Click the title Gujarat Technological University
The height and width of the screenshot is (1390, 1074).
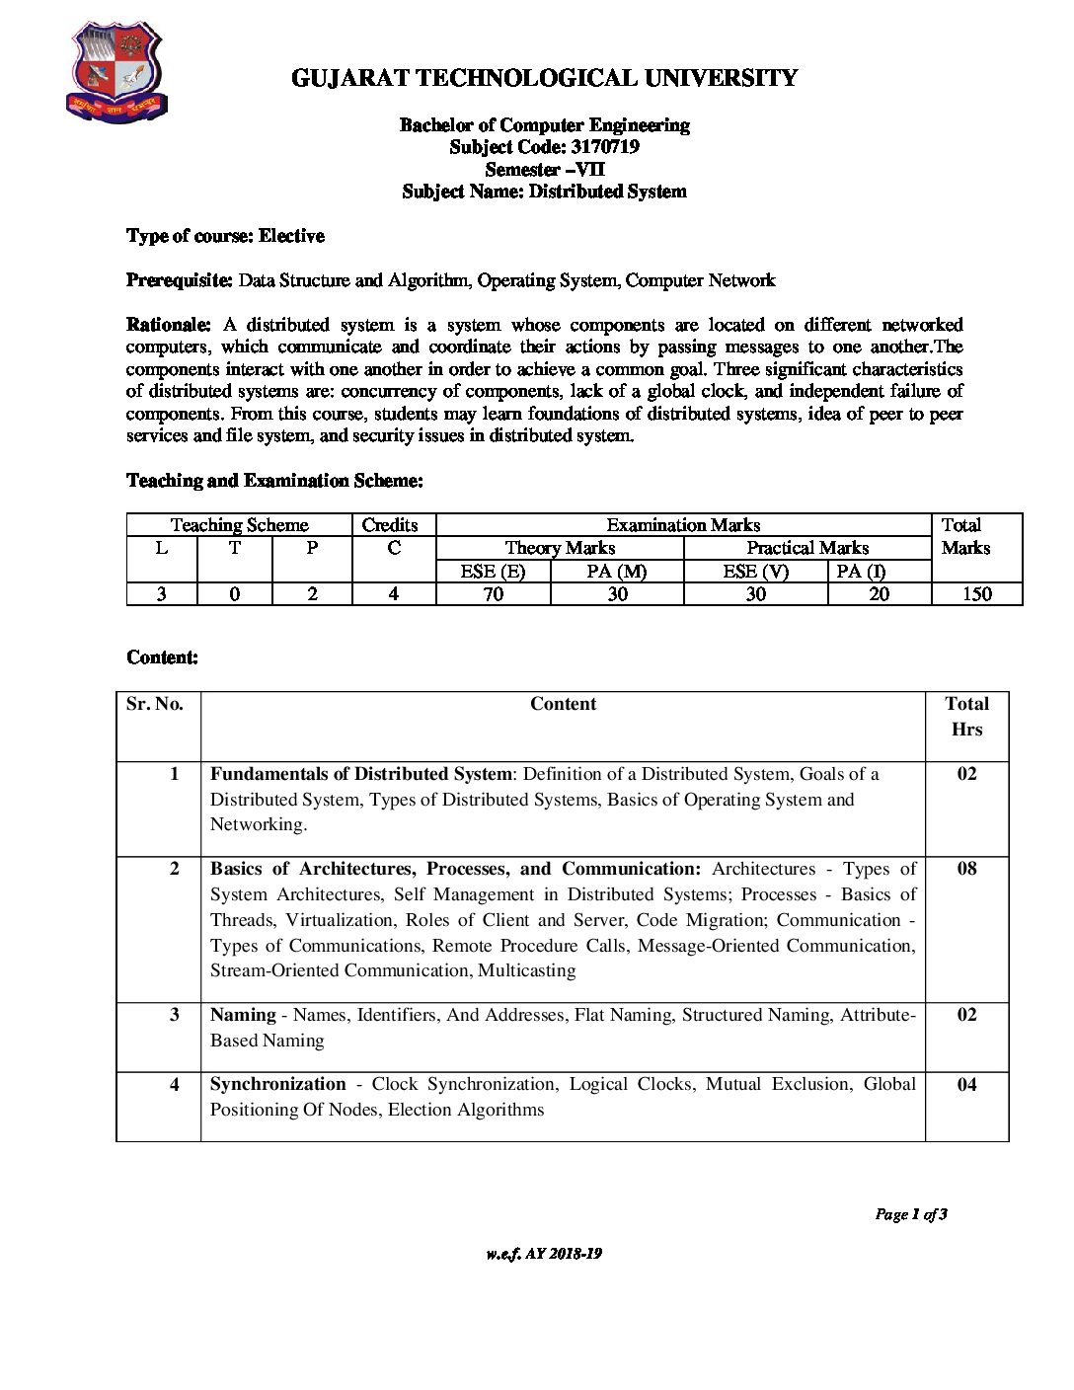click(544, 78)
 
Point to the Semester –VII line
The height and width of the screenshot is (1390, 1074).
click(544, 170)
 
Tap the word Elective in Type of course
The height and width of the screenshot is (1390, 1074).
click(292, 236)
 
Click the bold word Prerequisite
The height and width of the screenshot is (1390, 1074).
click(180, 280)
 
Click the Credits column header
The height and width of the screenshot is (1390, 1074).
click(390, 525)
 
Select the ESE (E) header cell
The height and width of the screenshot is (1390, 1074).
click(493, 571)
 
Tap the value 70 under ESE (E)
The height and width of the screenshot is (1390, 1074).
click(493, 593)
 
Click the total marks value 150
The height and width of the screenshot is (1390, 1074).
click(976, 593)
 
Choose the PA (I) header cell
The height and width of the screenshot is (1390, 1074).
click(861, 571)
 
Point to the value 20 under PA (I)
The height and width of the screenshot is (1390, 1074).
click(879, 593)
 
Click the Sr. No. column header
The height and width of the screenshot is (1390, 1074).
click(155, 704)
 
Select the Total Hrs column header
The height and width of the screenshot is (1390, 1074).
click(966, 717)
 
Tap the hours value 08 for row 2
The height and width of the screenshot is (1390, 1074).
click(966, 869)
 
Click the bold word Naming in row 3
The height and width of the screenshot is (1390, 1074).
click(243, 1015)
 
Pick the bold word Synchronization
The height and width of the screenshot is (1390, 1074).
click(277, 1084)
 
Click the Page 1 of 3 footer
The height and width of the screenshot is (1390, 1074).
click(910, 1214)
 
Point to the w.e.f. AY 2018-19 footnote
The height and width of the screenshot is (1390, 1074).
click(544, 1254)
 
